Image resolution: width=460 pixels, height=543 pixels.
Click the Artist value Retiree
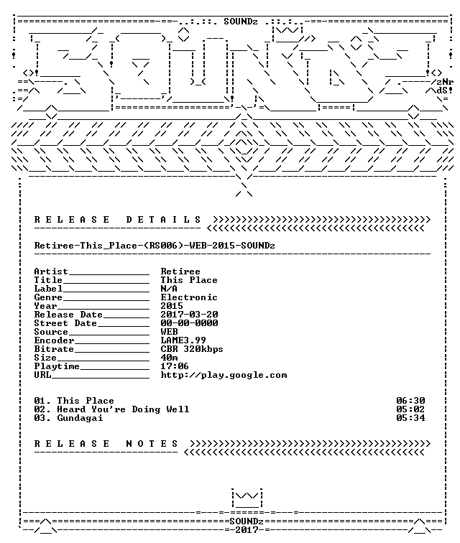coord(180,271)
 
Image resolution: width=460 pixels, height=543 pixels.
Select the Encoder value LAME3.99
coord(183,340)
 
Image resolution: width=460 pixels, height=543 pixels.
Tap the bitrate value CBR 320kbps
coord(192,349)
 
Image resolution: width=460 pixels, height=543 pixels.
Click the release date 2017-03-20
coord(189,315)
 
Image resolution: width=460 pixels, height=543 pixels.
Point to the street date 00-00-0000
coord(189,323)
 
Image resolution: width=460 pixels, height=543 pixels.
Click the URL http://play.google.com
coord(224,375)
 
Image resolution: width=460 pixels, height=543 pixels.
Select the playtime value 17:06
coord(175,366)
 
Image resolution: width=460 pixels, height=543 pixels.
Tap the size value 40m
coord(169,358)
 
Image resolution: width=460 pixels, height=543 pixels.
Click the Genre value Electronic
coord(189,297)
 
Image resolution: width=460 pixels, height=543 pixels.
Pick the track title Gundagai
coord(80,418)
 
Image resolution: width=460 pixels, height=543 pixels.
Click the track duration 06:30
coord(411,401)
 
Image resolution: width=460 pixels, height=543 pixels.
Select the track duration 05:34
coord(411,418)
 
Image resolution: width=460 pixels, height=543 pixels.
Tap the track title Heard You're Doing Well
coord(123,409)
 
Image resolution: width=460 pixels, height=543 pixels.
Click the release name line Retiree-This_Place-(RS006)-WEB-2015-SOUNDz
coord(155,246)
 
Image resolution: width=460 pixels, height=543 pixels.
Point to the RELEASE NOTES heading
coord(106,444)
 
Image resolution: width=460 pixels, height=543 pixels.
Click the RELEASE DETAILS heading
coord(117,220)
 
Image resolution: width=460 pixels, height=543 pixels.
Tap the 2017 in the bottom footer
coord(247,530)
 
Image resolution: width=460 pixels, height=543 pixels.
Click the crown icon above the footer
coord(247,498)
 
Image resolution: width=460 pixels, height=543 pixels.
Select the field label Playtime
coord(57,366)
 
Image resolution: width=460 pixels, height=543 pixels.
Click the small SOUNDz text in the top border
coord(241,22)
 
